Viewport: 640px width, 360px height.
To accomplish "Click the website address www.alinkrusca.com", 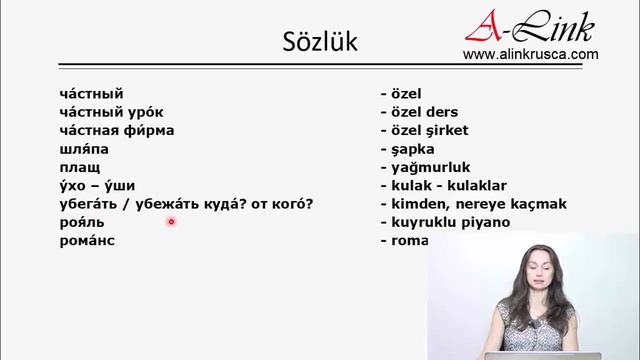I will [530, 55].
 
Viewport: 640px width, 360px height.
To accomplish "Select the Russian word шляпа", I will [85, 148].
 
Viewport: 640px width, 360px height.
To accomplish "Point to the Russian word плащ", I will [80, 167].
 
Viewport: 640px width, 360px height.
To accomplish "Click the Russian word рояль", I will [82, 222].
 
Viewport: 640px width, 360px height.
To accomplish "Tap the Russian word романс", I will [87, 241].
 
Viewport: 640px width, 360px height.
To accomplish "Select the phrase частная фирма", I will [117, 130].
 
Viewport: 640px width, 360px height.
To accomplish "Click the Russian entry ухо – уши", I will [97, 185].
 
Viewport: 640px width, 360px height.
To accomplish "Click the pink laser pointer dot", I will [172, 222].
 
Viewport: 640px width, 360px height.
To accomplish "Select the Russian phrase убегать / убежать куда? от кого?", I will [186, 204].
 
